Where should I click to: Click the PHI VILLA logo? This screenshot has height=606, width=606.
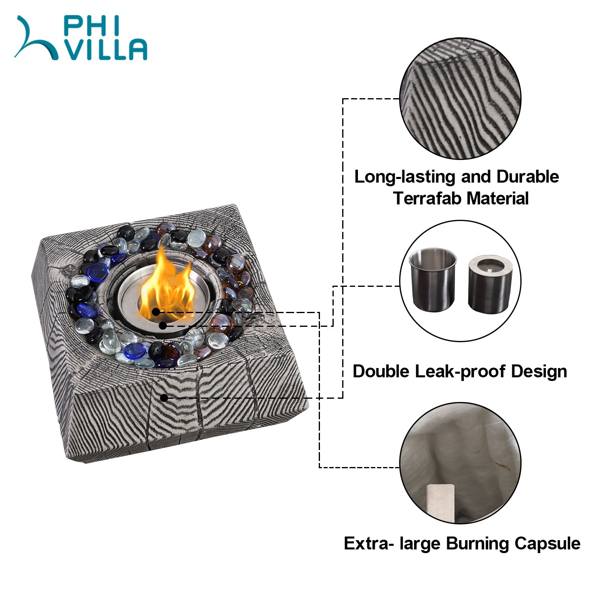(x=81, y=38)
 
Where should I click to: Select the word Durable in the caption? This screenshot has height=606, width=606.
(x=528, y=177)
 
